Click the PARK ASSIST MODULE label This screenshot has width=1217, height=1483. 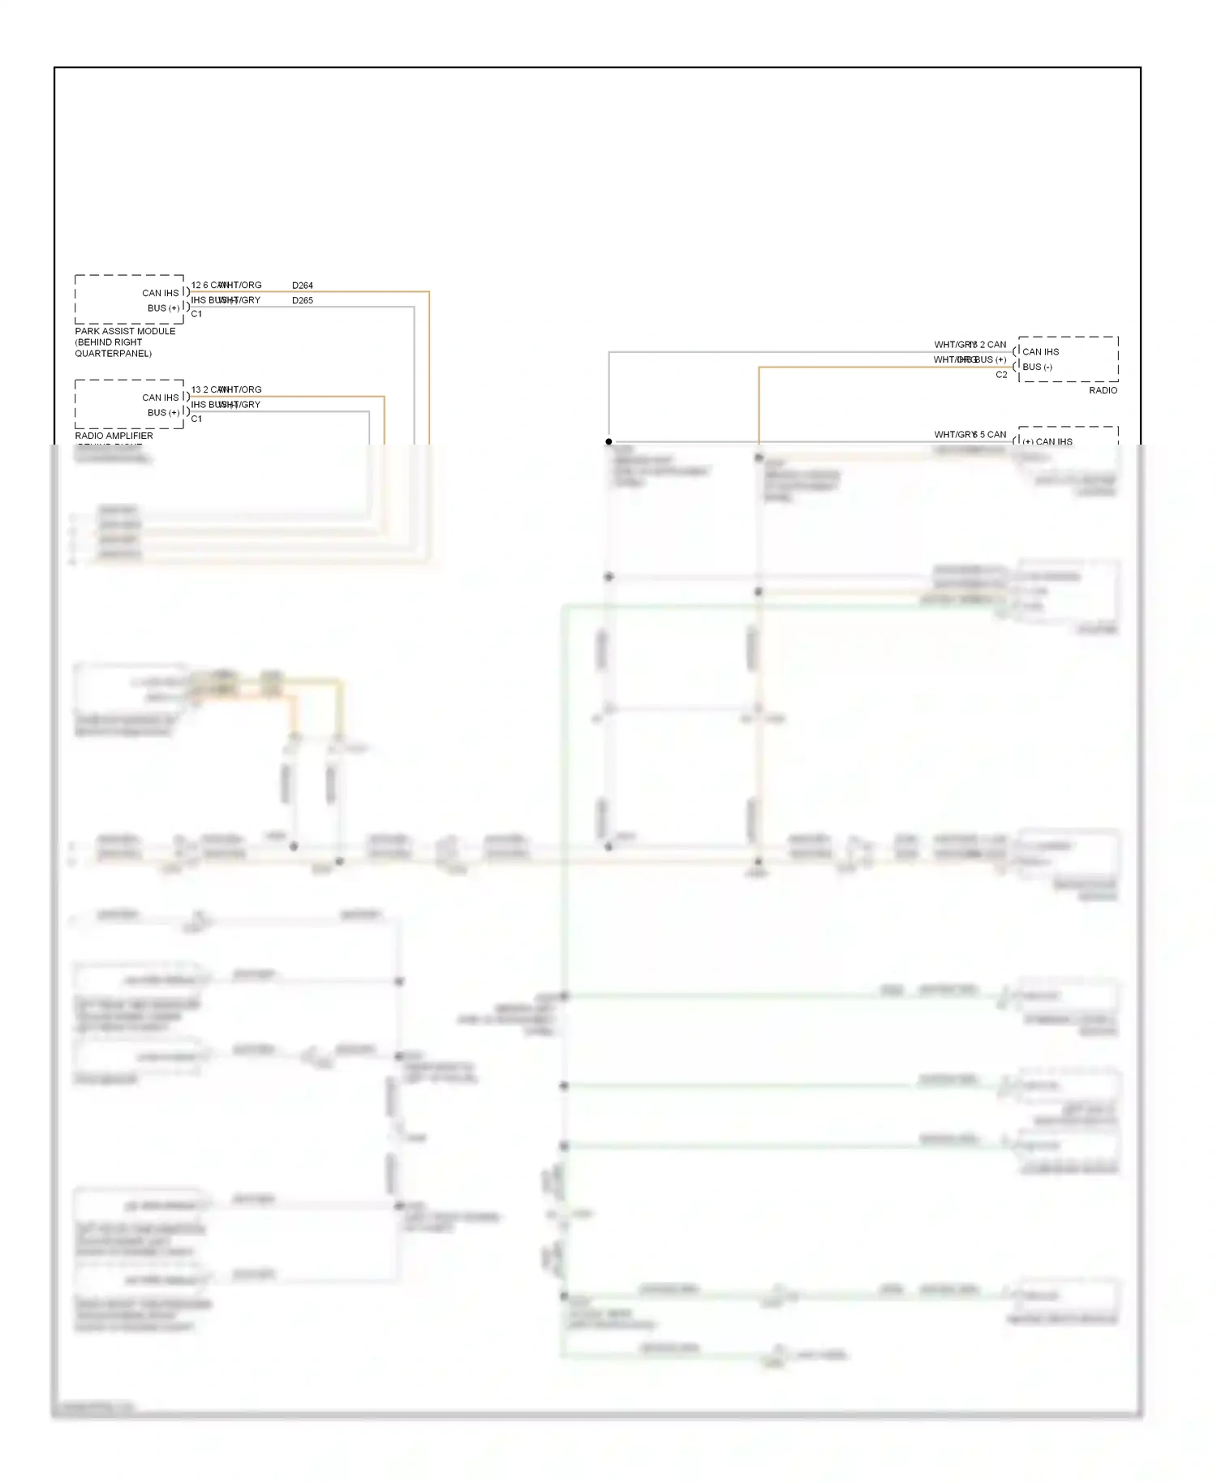(x=125, y=331)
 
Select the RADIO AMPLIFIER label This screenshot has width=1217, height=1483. (x=114, y=436)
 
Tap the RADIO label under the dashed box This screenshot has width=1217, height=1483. (x=1103, y=390)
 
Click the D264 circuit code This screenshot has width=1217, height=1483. (x=302, y=286)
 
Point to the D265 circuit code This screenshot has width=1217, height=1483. (x=302, y=300)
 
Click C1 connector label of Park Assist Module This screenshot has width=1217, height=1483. (x=196, y=314)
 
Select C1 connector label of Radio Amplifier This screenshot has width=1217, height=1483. (x=196, y=419)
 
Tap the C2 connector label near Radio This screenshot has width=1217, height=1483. (x=1001, y=375)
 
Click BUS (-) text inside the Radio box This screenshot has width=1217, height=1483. (x=1037, y=367)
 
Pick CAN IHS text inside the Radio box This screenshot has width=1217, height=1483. (x=1040, y=352)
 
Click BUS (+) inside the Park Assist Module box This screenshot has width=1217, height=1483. (x=163, y=308)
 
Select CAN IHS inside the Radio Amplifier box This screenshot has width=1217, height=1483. (x=160, y=398)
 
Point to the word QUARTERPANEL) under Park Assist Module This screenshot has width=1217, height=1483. (x=113, y=354)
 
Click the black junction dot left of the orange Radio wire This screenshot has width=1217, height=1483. (x=608, y=441)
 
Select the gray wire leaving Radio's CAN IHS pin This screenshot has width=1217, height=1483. (x=771, y=352)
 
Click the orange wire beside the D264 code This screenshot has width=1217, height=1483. (x=365, y=291)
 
